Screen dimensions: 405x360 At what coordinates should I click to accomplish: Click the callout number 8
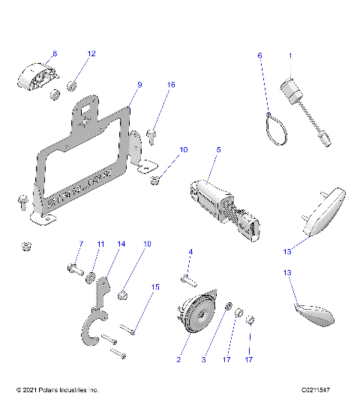click(53, 54)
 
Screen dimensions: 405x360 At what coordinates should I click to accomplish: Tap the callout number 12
click(91, 54)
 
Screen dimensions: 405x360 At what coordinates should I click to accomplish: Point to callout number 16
click(171, 85)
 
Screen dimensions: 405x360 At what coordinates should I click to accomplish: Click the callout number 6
click(260, 55)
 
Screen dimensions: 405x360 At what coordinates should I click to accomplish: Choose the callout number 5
click(218, 150)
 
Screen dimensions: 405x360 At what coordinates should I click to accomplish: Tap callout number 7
click(81, 244)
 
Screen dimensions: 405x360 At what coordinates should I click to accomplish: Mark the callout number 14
click(121, 244)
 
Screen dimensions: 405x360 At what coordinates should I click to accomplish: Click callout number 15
click(156, 286)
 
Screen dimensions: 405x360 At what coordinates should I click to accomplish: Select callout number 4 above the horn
click(190, 251)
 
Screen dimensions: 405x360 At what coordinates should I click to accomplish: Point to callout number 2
click(178, 360)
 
